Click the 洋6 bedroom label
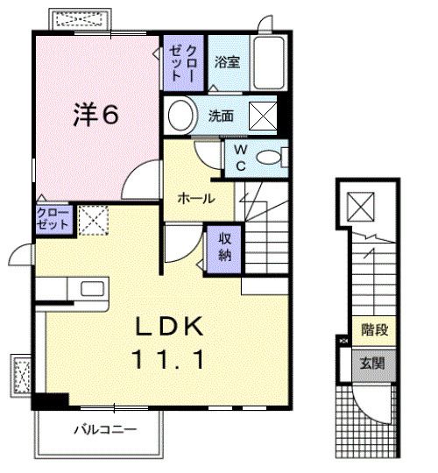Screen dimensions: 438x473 pos(96,115)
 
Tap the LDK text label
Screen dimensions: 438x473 pos(169,326)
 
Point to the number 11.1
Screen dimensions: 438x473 pos(168,359)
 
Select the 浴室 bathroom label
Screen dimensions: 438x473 pos(227,62)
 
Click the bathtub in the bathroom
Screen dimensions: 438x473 pos(269,63)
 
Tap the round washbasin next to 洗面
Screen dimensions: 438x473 pos(180,116)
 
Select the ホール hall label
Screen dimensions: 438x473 pos(196,199)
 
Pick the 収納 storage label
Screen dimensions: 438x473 pos(224,247)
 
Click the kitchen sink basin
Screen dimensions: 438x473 pos(92,288)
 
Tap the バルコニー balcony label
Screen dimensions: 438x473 pos(106,429)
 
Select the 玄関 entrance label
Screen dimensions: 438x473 pos(373,364)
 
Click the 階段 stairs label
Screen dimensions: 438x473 pos(374,329)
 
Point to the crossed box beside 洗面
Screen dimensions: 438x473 pos(263,116)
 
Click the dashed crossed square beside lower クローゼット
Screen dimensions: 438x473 pos(93,221)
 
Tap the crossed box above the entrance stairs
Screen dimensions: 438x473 pos(361,208)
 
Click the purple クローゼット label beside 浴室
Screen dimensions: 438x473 pos(183,63)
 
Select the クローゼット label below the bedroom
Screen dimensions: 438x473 pos(53,219)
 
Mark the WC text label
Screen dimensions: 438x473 pos(241,158)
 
